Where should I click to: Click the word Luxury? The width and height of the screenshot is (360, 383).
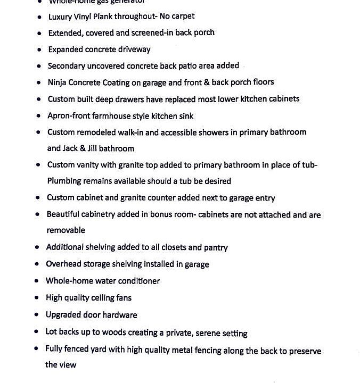pyautogui.click(x=60, y=16)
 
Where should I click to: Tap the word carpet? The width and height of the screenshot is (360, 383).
pyautogui.click(x=183, y=16)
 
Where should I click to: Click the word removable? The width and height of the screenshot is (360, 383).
pyautogui.click(x=66, y=230)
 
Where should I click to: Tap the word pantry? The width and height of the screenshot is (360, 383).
pyautogui.click(x=215, y=247)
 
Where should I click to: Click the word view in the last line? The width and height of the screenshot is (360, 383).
pyautogui.click(x=68, y=365)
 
